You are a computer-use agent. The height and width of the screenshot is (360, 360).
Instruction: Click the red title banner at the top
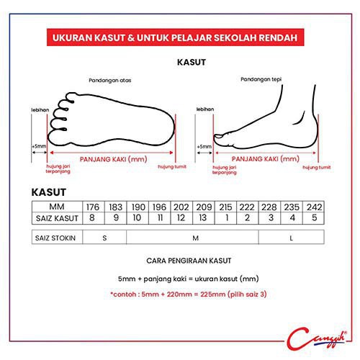(175, 37)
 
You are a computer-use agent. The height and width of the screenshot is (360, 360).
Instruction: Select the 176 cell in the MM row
(94, 207)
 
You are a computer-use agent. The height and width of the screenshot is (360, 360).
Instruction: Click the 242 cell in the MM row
(314, 207)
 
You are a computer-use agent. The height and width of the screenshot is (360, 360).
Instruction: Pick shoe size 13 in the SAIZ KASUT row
(204, 218)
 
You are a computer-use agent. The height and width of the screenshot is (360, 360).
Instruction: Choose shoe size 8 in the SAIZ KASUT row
(94, 218)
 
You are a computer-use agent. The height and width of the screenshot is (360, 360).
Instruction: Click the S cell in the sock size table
(104, 238)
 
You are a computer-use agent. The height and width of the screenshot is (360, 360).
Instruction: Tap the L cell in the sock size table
(292, 238)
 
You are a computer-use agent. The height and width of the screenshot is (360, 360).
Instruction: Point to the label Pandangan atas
(110, 80)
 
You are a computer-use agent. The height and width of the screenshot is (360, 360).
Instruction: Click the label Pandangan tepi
(261, 79)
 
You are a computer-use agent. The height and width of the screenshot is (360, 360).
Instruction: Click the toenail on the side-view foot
(218, 136)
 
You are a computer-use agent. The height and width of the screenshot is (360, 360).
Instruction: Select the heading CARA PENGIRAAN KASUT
(189, 261)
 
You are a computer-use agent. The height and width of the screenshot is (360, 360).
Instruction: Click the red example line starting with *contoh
(189, 294)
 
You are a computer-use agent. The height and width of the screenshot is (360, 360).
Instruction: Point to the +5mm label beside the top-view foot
(39, 146)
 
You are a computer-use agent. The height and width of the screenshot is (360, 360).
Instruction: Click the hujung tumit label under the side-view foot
(317, 167)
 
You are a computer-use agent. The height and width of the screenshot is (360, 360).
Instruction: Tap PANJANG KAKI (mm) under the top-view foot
(113, 159)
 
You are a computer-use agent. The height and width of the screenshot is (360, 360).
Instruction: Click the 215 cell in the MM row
(225, 207)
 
